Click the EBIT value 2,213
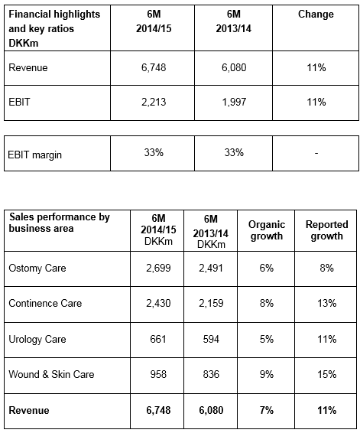154,103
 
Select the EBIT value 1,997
234,103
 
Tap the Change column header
316,14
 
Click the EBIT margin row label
34,155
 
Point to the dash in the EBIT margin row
316,153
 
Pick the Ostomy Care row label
37,269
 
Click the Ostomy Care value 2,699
158,269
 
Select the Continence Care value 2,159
211,303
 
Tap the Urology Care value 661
158,339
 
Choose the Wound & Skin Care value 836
211,374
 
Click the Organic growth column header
267,230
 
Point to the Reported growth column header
327,230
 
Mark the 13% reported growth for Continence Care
327,303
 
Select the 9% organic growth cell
267,374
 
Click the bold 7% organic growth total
267,410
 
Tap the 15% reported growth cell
327,374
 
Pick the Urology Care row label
37,339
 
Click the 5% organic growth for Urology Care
267,339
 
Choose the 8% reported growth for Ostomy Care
327,269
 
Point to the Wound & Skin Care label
51,374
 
